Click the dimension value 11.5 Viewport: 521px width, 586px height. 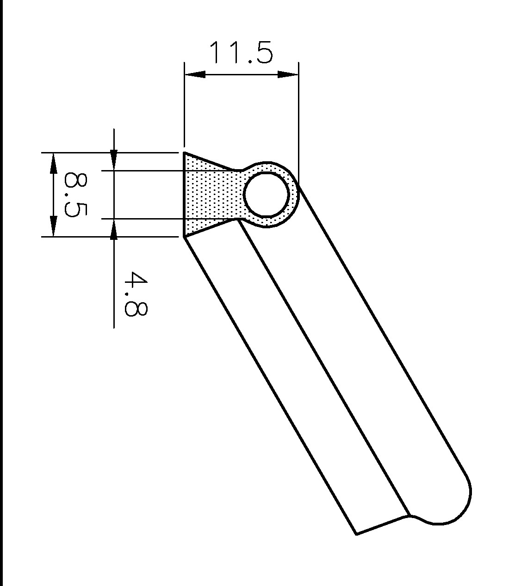(x=241, y=52)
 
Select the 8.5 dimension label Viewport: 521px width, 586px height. (x=75, y=195)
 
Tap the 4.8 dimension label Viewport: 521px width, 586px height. (x=136, y=293)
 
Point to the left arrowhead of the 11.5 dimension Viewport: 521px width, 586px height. (x=195, y=74)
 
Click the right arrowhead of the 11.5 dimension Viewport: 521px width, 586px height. (x=288, y=74)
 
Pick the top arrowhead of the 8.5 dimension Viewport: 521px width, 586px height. (x=53, y=163)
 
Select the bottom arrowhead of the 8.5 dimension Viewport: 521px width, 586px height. (x=53, y=226)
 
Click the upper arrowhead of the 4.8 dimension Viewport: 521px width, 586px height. (x=114, y=160)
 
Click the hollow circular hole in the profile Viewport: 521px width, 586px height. (x=267, y=195)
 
